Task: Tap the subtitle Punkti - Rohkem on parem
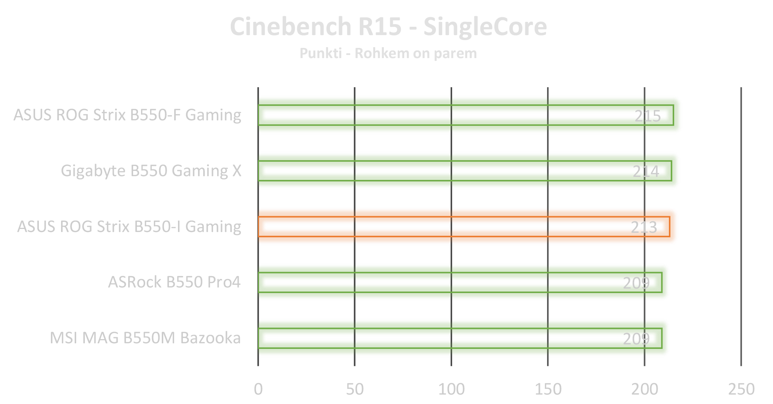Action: (388, 54)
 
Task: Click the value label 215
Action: (647, 116)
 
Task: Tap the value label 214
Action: (646, 172)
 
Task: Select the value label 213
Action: (644, 227)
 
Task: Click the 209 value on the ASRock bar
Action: (636, 283)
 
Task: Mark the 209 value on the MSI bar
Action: (636, 339)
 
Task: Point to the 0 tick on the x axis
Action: (258, 389)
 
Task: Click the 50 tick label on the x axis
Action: (355, 389)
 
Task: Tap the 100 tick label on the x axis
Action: (451, 389)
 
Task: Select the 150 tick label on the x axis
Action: (548, 389)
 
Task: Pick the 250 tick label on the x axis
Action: (741, 389)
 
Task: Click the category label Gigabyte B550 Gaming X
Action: (151, 171)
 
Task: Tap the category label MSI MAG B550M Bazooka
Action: (145, 338)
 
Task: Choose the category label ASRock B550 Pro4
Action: (174, 282)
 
